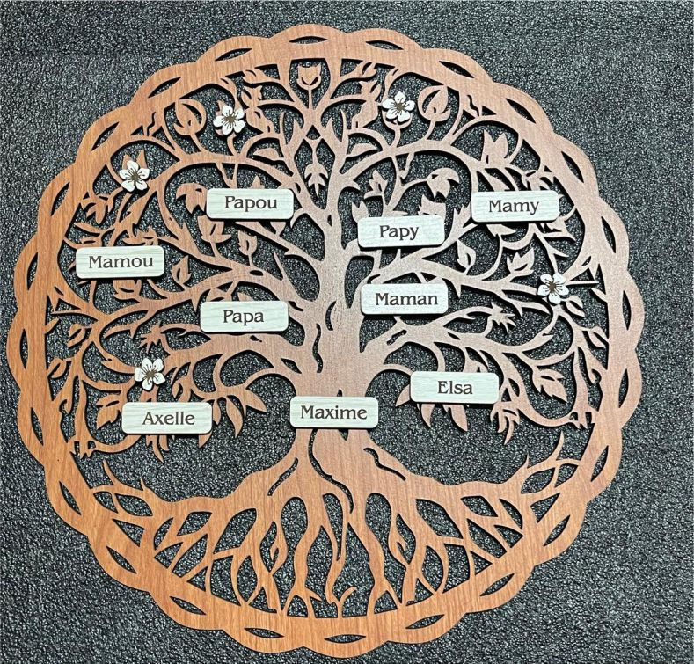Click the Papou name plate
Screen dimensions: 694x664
[x=250, y=203]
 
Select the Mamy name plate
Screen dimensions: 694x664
[x=515, y=206]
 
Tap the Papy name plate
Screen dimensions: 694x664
[x=400, y=231]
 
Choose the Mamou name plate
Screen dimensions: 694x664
[x=120, y=261]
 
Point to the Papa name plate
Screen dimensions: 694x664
[x=244, y=316]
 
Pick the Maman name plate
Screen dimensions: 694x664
[x=405, y=299]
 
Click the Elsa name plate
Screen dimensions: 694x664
[x=455, y=387]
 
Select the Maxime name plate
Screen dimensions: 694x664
[x=334, y=412]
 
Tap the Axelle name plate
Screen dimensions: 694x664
[x=167, y=418]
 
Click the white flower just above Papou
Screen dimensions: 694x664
[x=230, y=118]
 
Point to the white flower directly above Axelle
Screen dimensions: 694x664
[x=150, y=373]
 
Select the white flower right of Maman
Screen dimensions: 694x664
[x=553, y=287]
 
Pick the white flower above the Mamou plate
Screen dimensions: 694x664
[x=134, y=174]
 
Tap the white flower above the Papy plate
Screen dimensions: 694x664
[x=398, y=107]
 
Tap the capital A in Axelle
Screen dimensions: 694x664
[x=150, y=418]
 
